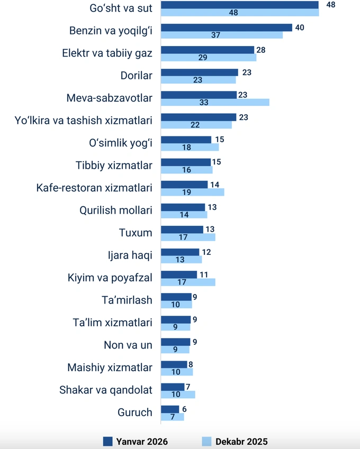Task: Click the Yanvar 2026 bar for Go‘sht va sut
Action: click(239, 5)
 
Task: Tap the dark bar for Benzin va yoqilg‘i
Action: click(227, 28)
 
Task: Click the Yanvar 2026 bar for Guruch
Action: click(170, 409)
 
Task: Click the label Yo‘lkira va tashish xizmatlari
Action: click(84, 121)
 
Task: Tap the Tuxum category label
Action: click(136, 233)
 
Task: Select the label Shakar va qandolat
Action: click(106, 390)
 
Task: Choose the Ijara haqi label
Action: click(130, 255)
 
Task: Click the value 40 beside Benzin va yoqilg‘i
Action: click(299, 28)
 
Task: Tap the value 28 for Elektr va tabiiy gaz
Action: click(260, 50)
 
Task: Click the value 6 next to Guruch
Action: click(184, 409)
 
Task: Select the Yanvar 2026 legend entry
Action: click(135, 441)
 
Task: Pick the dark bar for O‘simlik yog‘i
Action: click(186, 140)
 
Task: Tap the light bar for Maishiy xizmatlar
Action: click(177, 372)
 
